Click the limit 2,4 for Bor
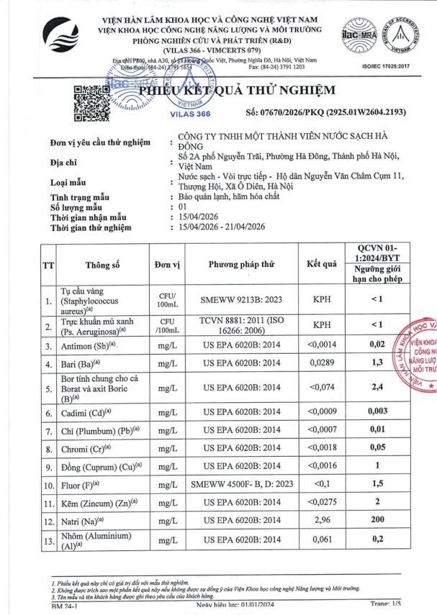pyautogui.click(x=395, y=389)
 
